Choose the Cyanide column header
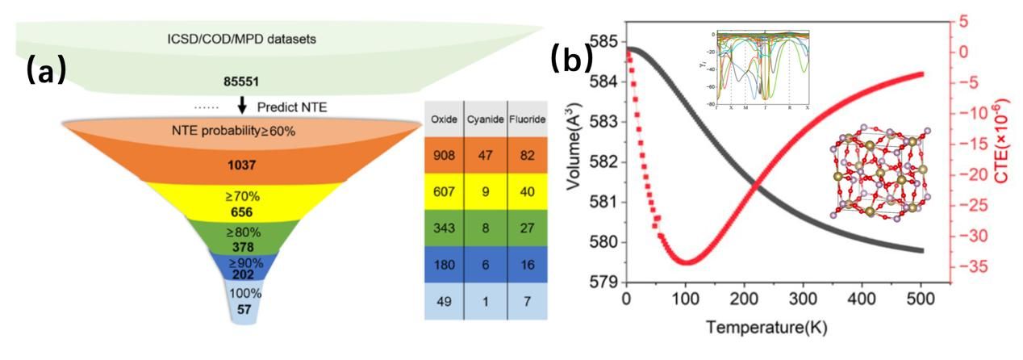485,119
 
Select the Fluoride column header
528,119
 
